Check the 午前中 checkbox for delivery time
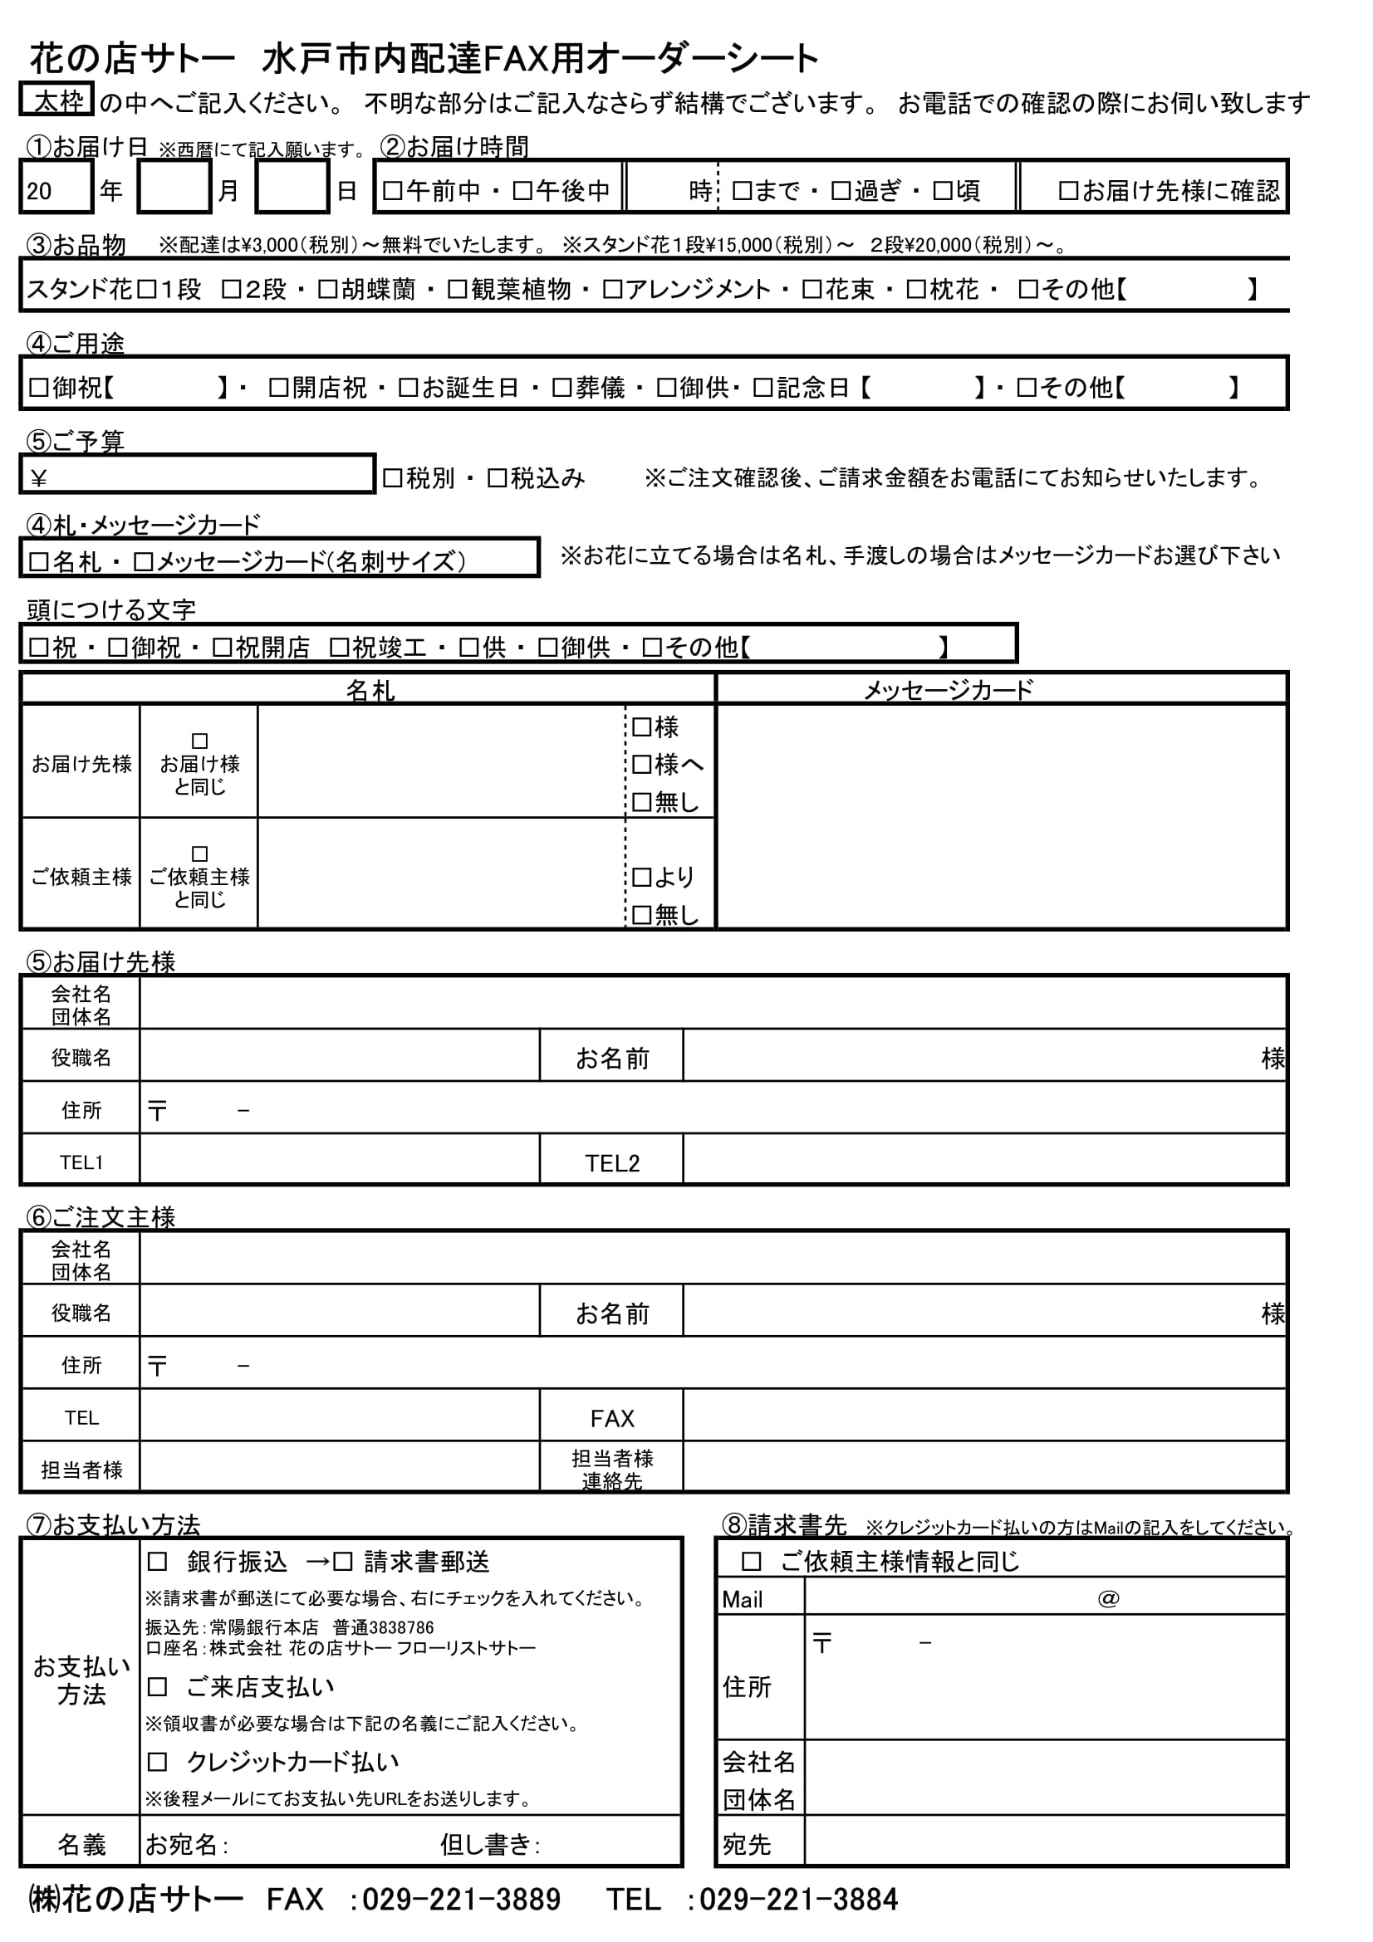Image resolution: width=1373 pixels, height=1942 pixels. pos(392,190)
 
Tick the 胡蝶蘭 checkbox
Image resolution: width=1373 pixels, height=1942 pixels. pos(327,289)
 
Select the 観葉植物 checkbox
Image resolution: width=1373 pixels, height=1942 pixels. pos(457,289)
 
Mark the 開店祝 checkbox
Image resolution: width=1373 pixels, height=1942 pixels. pos(278,388)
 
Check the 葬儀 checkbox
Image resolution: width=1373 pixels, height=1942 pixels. pos(561,388)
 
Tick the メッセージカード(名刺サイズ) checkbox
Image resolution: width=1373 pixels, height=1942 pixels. pos(143,561)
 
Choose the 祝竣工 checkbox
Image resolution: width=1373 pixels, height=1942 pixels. pos(338,647)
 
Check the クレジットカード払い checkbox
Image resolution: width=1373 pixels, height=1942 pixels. pos(157,1762)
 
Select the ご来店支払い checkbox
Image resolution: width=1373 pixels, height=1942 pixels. pos(157,1687)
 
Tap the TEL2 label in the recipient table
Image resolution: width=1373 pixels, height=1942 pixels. pos(611,1163)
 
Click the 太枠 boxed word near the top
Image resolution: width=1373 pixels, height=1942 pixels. pos(56,100)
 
